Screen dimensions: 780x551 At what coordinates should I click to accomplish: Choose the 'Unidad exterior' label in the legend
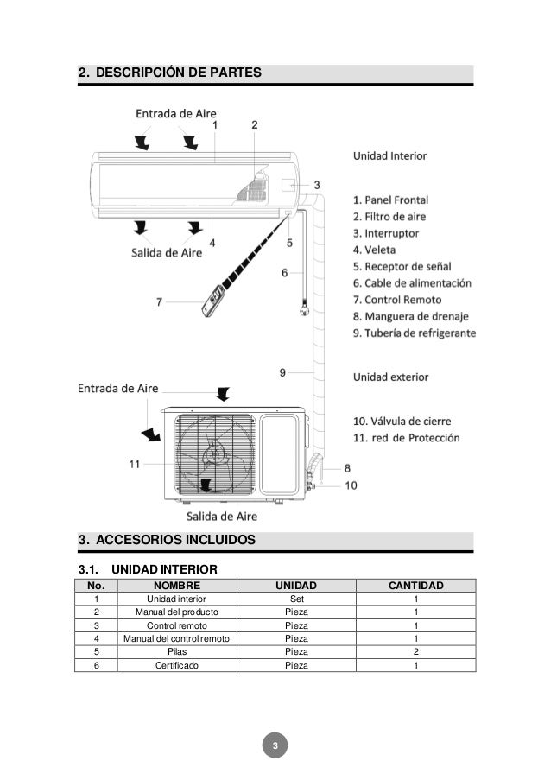click(390, 377)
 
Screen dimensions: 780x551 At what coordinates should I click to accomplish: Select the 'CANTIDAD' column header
click(415, 587)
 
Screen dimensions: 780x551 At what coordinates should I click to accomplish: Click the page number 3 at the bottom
click(275, 745)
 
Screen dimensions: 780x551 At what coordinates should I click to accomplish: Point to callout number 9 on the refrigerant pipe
click(283, 372)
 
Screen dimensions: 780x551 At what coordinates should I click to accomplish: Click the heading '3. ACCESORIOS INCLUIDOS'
click(167, 541)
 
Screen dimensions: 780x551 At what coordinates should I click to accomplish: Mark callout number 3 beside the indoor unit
click(317, 185)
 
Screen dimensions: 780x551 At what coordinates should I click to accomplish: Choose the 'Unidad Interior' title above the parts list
click(389, 156)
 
